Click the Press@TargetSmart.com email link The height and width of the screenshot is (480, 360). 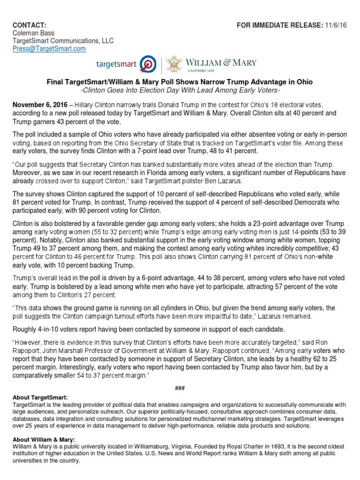pos(49,48)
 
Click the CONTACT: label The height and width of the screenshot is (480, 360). pos(29,24)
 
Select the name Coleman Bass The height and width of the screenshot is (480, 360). pos(33,33)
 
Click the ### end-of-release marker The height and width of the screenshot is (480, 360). pos(180,385)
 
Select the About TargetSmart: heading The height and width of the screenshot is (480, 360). pos(41,397)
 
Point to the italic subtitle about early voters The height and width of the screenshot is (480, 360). pos(180,90)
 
